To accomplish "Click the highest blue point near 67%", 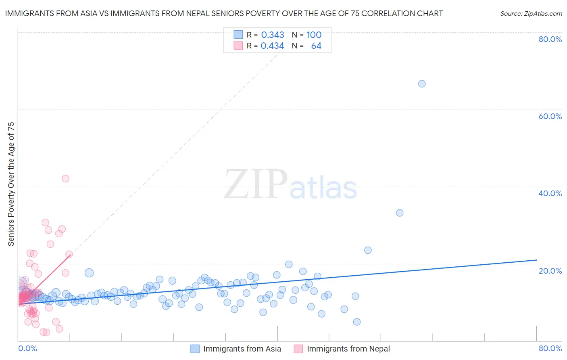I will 422,84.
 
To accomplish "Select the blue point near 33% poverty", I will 400,213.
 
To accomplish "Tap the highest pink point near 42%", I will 65,178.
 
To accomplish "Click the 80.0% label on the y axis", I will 550,39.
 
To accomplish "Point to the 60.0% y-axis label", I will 550,116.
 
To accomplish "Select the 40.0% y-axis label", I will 550,193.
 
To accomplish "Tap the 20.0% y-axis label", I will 550,271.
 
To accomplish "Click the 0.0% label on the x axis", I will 27,348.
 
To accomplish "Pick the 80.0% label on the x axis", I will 550,348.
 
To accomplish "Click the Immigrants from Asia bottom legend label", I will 242,349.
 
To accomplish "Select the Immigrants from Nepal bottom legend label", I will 348,349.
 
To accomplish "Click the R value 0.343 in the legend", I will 273,35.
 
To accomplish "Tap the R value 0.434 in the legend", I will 273,46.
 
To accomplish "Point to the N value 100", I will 314,35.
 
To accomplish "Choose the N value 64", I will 316,46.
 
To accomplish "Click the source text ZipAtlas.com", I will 531,14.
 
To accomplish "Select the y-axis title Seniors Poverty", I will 11,184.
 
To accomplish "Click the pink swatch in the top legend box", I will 238,46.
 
